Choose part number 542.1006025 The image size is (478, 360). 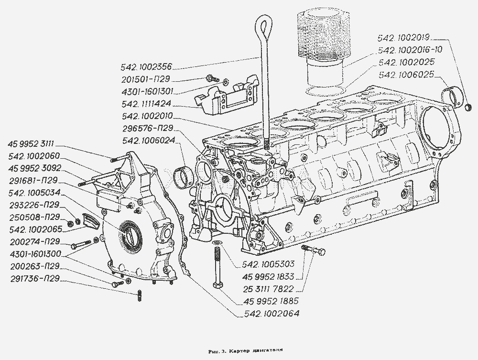[x=406, y=75]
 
